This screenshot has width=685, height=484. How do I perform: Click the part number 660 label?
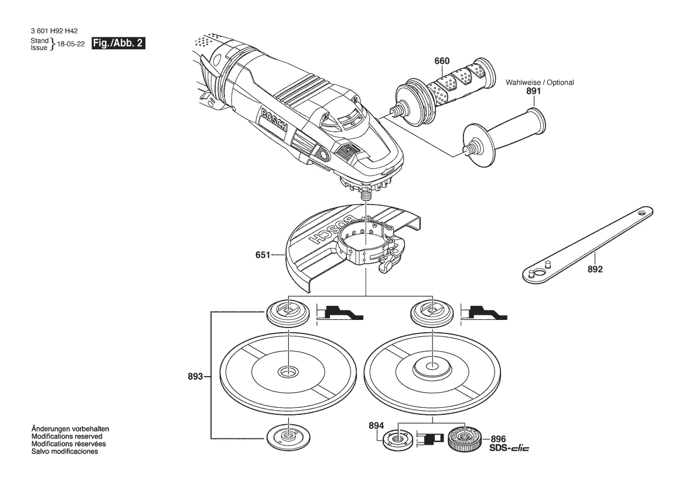(442, 61)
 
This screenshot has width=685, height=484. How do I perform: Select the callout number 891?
(533, 91)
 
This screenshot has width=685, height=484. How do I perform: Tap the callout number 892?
(595, 269)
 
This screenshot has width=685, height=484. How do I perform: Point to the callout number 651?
(263, 255)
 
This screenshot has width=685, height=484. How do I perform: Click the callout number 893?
(195, 376)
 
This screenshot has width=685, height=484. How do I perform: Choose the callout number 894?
(376, 425)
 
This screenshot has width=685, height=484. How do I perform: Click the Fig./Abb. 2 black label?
(118, 43)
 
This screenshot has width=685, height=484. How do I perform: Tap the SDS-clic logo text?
(509, 448)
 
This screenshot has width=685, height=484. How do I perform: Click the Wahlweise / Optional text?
(540, 82)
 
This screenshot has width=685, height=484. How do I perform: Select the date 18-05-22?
(71, 44)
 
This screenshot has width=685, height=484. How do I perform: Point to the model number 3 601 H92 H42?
(54, 31)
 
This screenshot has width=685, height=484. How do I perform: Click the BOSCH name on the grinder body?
(274, 120)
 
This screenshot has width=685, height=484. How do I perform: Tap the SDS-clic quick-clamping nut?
(464, 438)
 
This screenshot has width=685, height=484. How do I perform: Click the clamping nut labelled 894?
(397, 438)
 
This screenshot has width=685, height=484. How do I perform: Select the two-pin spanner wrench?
(588, 244)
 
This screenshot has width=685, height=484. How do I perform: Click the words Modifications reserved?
(67, 437)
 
